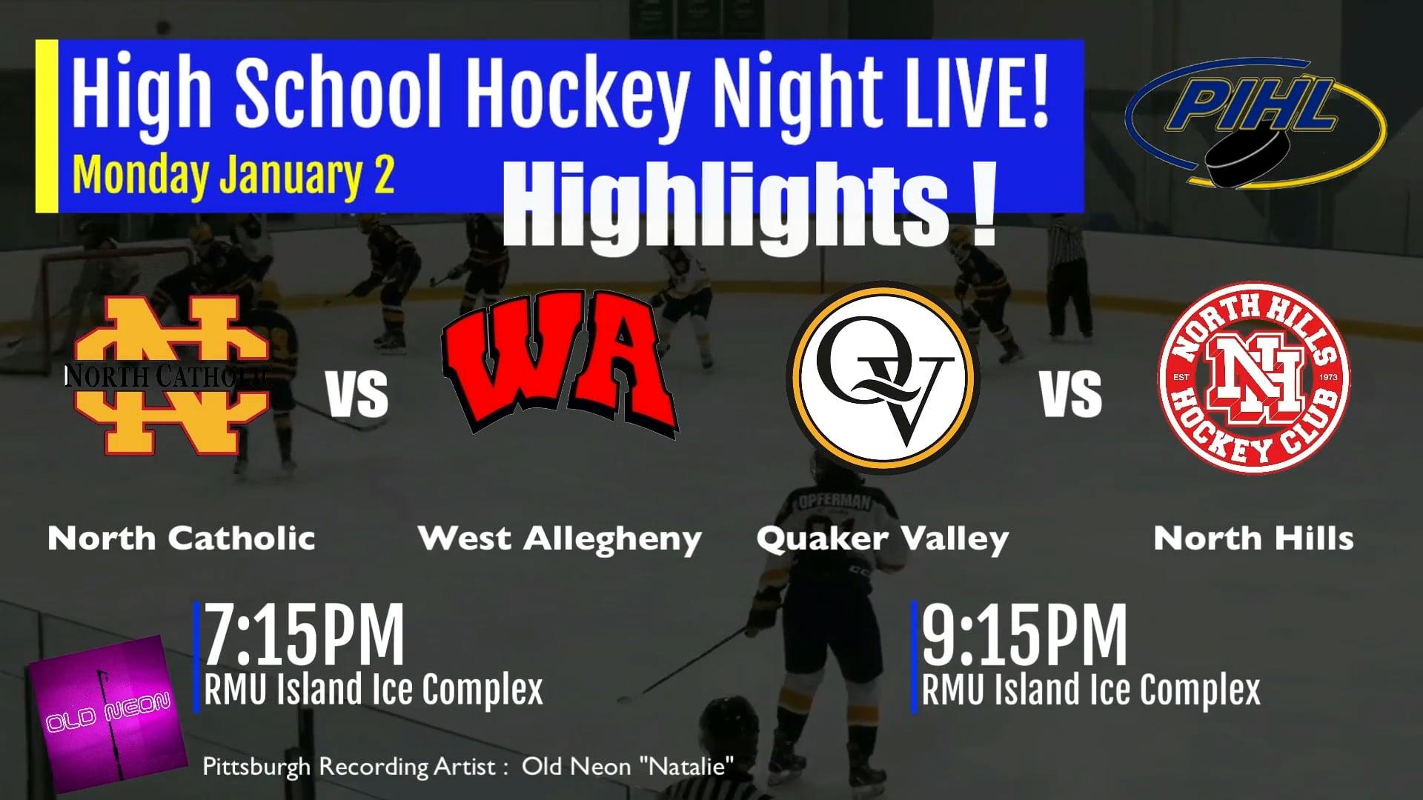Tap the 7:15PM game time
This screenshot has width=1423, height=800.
(x=304, y=635)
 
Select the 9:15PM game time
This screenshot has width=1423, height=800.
(x=1024, y=635)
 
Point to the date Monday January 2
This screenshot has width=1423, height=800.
(x=233, y=176)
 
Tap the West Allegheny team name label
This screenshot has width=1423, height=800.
(x=560, y=539)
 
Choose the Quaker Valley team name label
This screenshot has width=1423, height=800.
(x=882, y=539)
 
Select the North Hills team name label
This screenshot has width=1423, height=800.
(x=1253, y=539)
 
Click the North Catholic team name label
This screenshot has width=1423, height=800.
(x=182, y=539)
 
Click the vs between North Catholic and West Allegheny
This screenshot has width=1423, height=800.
(x=357, y=394)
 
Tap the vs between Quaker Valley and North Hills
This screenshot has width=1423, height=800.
(x=1071, y=394)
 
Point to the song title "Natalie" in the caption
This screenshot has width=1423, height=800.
(x=686, y=766)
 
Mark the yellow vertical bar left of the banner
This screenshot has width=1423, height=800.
(x=47, y=126)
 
